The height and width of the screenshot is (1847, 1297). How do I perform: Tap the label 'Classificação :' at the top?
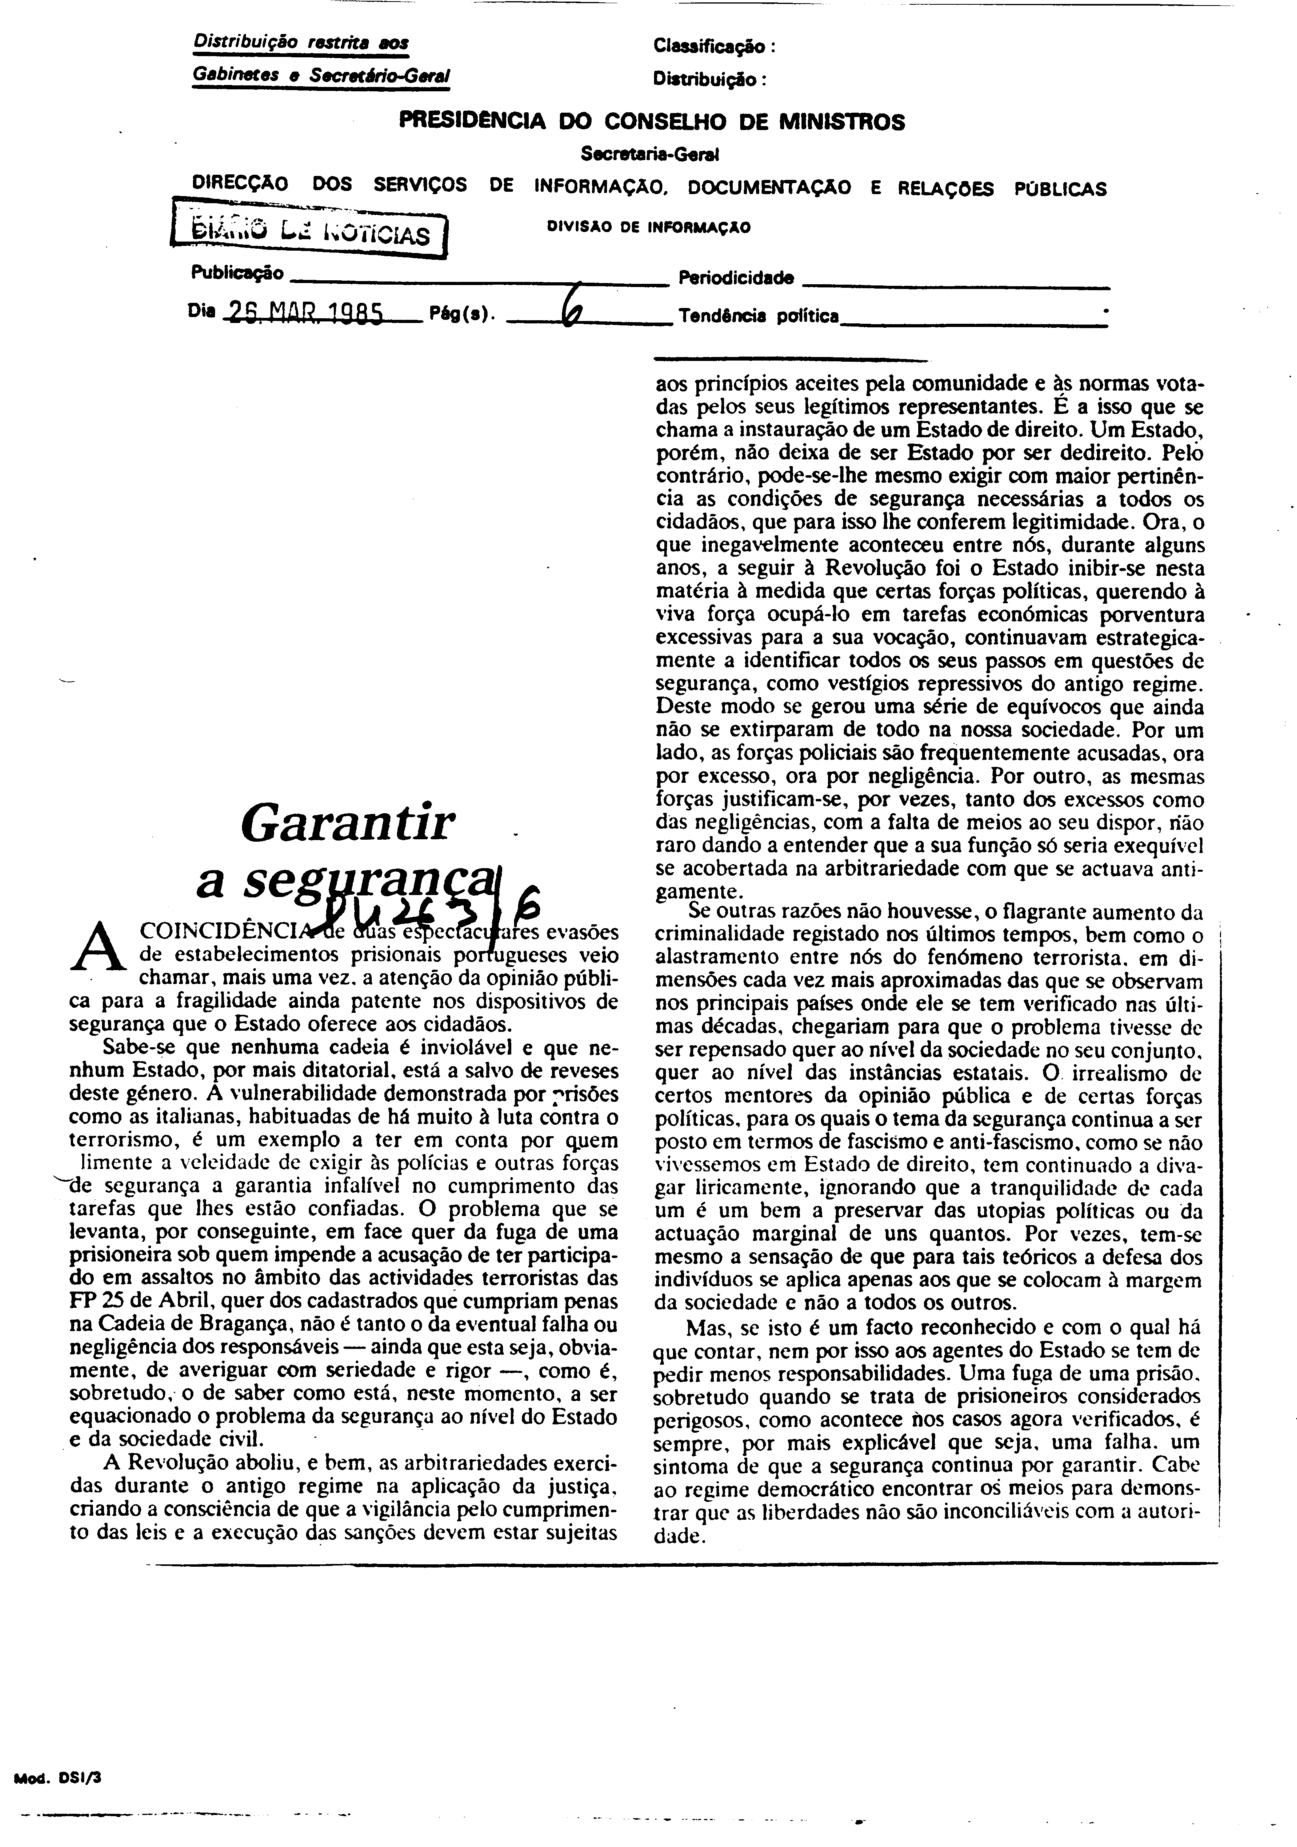pyautogui.click(x=714, y=47)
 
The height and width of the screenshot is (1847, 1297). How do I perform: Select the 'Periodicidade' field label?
pyautogui.click(x=736, y=278)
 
